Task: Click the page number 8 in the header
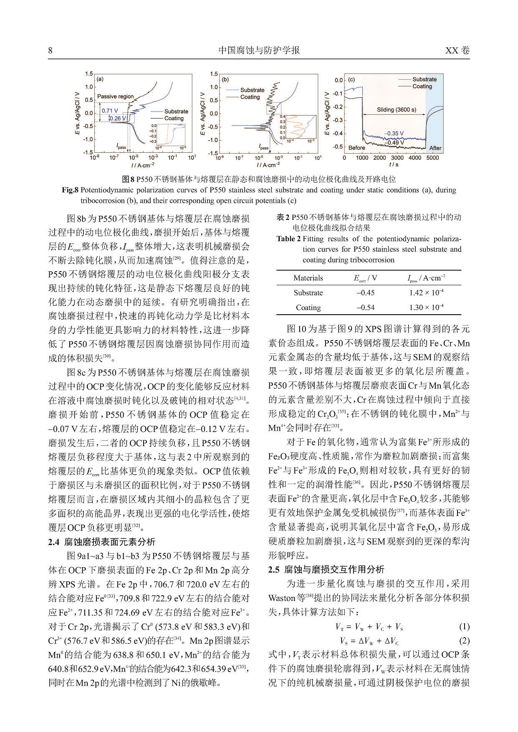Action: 51,50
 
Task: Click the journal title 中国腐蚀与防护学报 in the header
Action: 259,50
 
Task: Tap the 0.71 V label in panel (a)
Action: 110,111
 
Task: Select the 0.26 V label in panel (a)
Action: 118,119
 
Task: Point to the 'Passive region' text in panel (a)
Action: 115,96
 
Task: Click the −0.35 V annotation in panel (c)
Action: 394,134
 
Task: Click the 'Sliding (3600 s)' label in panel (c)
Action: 396,110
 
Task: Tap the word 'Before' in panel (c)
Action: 356,148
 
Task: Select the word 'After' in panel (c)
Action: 435,148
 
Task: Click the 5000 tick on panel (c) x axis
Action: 433,158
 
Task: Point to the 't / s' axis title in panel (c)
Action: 394,164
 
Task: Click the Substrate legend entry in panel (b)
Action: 252,90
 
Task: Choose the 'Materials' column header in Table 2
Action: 308,278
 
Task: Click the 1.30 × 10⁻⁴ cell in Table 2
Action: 426,308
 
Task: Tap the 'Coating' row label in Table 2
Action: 308,308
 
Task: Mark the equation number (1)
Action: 464,627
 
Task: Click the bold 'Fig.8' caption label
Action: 70,190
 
